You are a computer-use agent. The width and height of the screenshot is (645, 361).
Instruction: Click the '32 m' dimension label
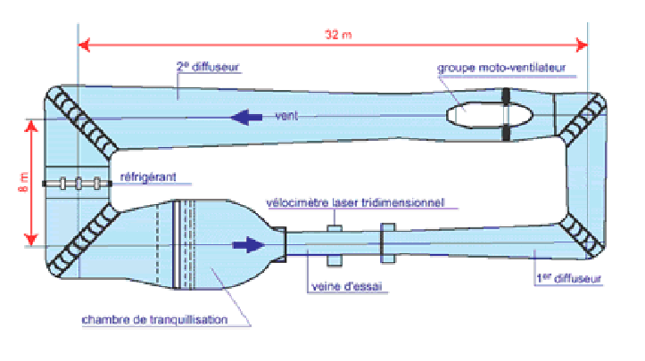[x=334, y=34]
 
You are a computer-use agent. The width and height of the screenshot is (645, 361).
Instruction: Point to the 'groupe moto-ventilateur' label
[x=500, y=68]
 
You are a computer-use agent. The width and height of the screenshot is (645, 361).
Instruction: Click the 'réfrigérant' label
[x=145, y=176]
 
